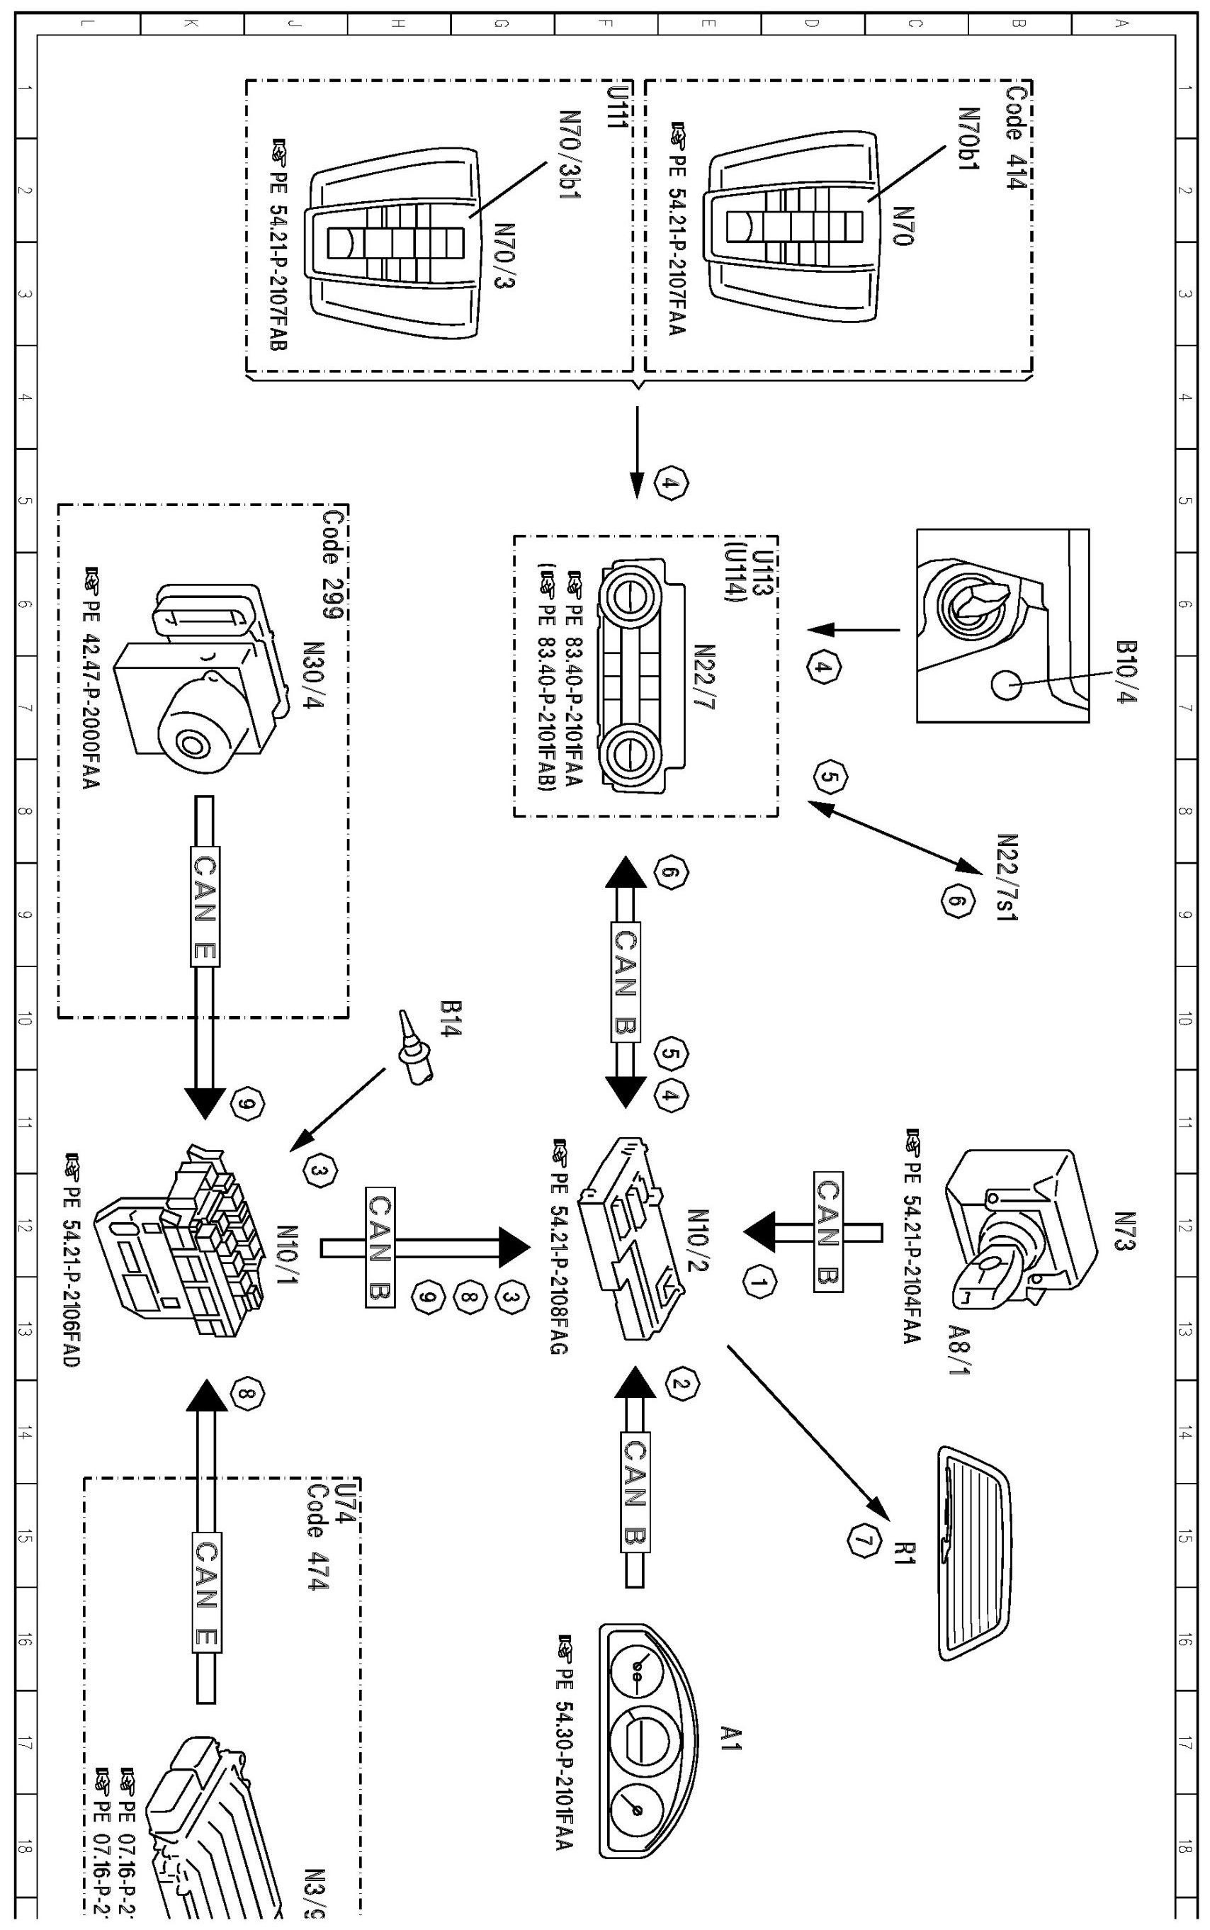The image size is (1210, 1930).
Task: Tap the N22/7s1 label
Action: (1007, 876)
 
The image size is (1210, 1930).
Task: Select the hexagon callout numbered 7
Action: (862, 1541)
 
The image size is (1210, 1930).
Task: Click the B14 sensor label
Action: (450, 1018)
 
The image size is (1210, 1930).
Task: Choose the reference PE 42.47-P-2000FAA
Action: (91, 680)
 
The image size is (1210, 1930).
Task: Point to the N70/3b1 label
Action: (569, 154)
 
